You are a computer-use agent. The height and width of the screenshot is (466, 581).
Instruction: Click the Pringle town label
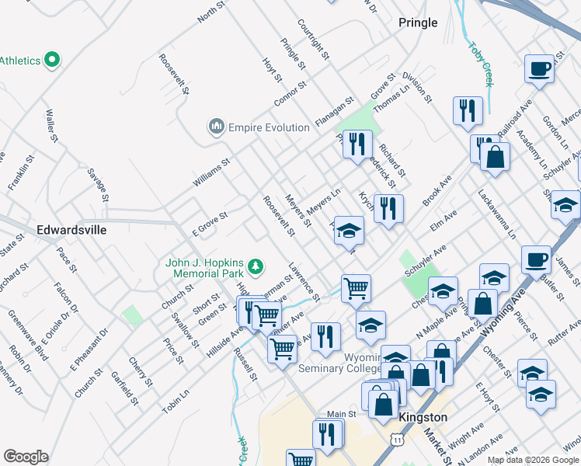[x=418, y=23]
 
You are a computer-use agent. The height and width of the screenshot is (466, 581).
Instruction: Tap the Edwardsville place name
[x=71, y=231]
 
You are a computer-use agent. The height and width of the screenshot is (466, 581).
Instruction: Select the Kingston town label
[x=423, y=417]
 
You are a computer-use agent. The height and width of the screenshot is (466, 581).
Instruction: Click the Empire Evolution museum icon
[x=216, y=127]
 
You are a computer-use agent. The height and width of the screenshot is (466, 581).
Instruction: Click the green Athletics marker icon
[x=53, y=59]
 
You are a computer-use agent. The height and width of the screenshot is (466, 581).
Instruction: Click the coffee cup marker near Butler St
[x=536, y=260]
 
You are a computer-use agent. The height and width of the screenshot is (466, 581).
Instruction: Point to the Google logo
[x=26, y=457]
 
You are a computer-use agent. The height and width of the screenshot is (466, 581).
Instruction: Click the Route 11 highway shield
[x=398, y=440]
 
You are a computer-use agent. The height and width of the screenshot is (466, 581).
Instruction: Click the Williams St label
[x=212, y=172]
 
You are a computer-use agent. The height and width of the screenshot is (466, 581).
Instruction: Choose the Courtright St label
[x=313, y=42]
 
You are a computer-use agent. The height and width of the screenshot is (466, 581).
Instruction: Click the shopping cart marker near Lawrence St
[x=356, y=288]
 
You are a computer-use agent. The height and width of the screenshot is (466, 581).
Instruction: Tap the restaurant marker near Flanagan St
[x=357, y=144]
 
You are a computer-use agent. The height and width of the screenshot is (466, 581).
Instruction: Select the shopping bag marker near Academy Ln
[x=495, y=158]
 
